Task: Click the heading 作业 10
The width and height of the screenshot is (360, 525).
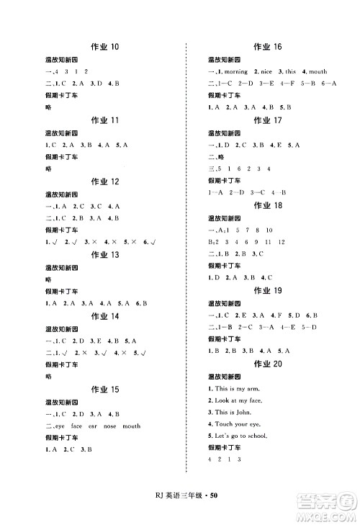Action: [x=104, y=48]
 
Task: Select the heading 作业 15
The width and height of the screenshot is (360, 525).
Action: [x=104, y=390]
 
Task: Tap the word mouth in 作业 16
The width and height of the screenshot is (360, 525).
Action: [x=318, y=72]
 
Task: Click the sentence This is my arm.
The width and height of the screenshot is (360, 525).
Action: [x=234, y=389]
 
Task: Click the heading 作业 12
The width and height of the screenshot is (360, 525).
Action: [x=104, y=181]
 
